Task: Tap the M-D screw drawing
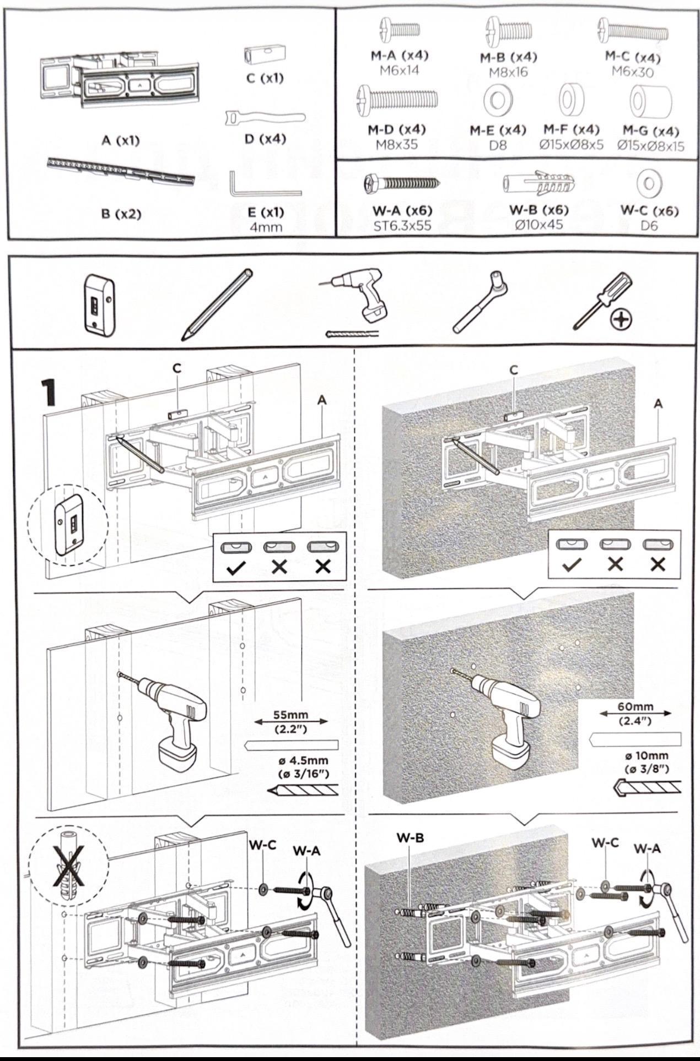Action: [397, 102]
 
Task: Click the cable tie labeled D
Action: [265, 118]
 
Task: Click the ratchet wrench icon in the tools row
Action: [480, 302]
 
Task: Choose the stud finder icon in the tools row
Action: [99, 306]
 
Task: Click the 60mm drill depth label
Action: [636, 707]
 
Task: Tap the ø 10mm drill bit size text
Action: [647, 756]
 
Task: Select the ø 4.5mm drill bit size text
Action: [303, 760]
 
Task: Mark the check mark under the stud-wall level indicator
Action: [236, 569]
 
